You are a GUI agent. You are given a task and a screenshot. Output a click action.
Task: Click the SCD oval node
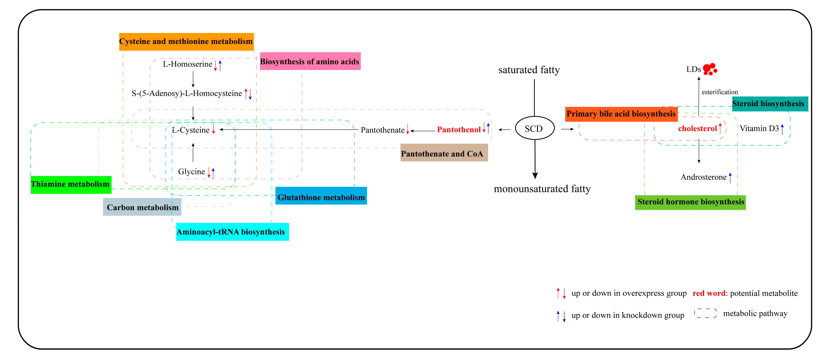tap(535, 128)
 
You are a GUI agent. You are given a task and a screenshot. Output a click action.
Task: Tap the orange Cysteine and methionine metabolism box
tap(186, 42)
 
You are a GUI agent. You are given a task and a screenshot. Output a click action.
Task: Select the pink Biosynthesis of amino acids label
tap(310, 61)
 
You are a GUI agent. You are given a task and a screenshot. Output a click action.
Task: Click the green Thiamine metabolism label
tap(71, 184)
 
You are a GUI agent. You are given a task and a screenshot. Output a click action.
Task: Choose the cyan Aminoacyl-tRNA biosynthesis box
tap(232, 232)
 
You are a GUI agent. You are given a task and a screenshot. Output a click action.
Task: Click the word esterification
tap(719, 92)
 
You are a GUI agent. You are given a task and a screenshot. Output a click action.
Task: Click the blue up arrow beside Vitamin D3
tap(782, 129)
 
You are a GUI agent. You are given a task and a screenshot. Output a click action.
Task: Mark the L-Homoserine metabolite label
tap(187, 64)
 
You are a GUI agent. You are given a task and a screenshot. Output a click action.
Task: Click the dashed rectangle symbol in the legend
tap(705, 313)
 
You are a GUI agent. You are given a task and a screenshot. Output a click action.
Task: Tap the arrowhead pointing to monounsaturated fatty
tap(535, 175)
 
